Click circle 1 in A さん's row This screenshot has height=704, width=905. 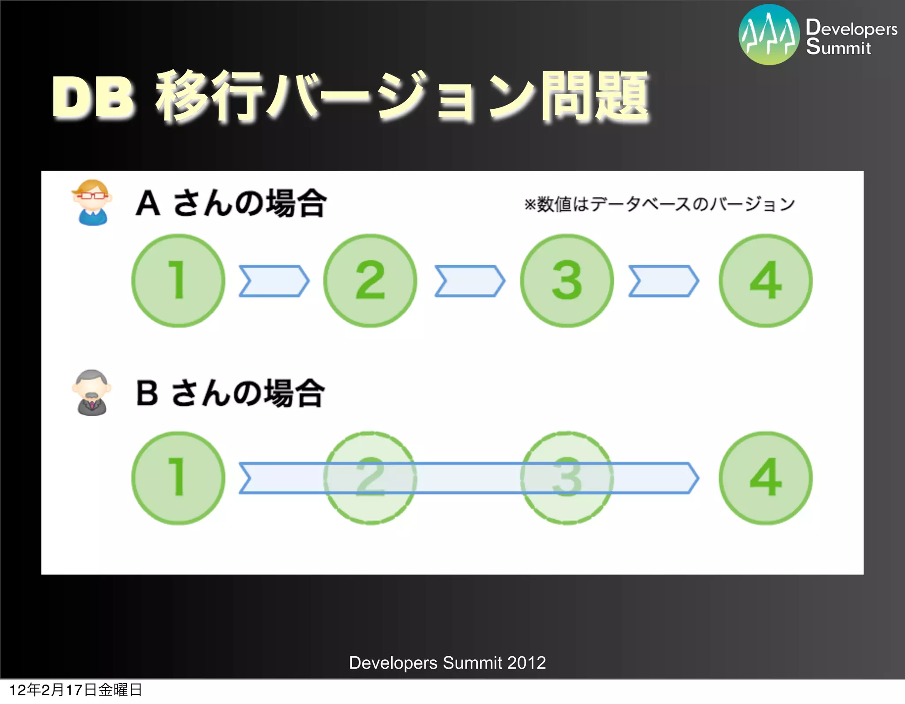point(178,281)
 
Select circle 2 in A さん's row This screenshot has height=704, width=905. point(370,281)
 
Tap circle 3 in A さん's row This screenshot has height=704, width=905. point(567,281)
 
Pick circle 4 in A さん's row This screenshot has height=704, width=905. point(766,281)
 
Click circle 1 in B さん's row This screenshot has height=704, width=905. point(178,478)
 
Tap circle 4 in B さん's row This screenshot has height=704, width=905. point(766,478)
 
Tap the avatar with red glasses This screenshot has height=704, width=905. point(91,202)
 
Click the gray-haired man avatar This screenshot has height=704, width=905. point(91,392)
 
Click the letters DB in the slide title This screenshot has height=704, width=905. point(93,97)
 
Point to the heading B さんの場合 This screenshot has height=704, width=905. point(230,393)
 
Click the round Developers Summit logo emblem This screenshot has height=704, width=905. point(769,34)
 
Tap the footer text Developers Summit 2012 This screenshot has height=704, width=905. point(447,663)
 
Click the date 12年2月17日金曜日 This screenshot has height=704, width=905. point(76,690)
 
